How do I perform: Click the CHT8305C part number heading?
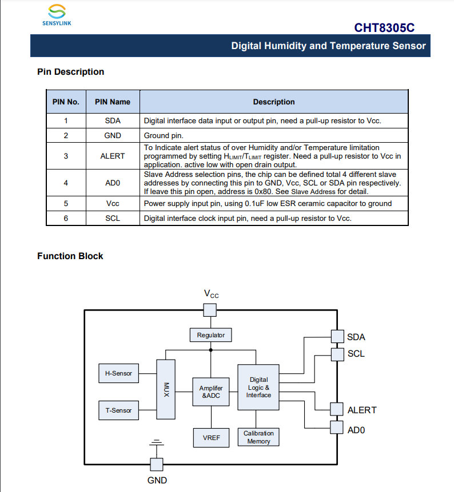(384, 27)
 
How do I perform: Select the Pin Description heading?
(70, 72)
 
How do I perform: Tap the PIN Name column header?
(113, 102)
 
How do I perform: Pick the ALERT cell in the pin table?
(113, 156)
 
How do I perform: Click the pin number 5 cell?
(66, 203)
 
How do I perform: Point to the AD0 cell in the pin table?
(113, 183)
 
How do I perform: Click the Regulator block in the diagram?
(210, 335)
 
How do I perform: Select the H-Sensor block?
(118, 373)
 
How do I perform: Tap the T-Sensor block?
(118, 410)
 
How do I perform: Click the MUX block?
(166, 390)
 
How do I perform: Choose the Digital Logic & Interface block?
(258, 388)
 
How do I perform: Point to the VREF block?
(210, 438)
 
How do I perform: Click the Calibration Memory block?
(258, 437)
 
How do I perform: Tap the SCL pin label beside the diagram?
(356, 354)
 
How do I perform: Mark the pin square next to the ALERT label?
(337, 409)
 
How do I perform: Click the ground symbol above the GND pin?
(156, 442)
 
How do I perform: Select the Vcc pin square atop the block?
(210, 309)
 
